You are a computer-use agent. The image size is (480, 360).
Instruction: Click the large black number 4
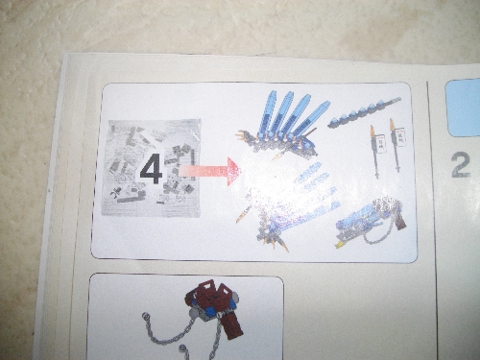click(x=152, y=169)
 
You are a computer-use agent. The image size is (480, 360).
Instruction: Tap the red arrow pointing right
click(x=209, y=171)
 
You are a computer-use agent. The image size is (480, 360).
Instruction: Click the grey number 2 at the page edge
click(x=462, y=165)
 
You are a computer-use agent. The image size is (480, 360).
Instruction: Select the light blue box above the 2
click(x=464, y=108)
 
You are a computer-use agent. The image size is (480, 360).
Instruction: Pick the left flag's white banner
click(x=381, y=141)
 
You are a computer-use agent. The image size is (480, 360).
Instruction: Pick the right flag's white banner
click(x=399, y=135)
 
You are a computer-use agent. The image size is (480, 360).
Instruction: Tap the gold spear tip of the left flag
click(x=372, y=131)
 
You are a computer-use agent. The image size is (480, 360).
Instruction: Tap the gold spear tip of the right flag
click(x=392, y=126)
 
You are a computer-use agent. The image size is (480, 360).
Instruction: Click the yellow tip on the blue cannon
click(x=338, y=245)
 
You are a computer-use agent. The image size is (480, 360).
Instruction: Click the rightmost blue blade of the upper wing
click(x=312, y=118)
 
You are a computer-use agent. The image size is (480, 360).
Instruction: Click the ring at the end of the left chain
click(x=146, y=317)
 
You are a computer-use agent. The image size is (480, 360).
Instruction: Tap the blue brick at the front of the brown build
click(x=210, y=312)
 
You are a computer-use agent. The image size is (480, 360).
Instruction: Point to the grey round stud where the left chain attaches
click(x=193, y=313)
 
